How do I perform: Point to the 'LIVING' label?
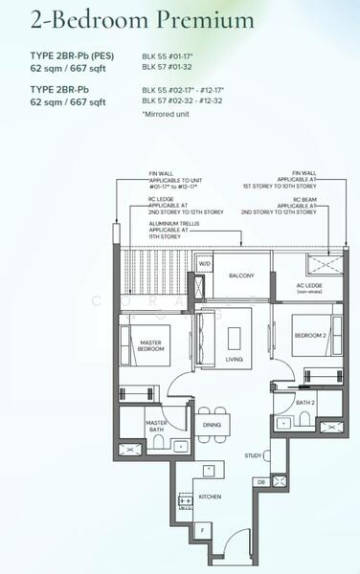[x=233, y=360]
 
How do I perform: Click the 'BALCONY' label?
[x=241, y=276]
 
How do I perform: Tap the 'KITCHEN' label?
[x=210, y=496]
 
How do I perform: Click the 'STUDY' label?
[x=253, y=455]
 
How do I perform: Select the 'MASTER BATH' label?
[x=157, y=426]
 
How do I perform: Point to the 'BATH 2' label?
[x=304, y=404]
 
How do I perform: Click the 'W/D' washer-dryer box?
[x=204, y=263]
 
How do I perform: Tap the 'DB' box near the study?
[x=259, y=481]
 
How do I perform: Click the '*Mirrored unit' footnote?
[x=167, y=114]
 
